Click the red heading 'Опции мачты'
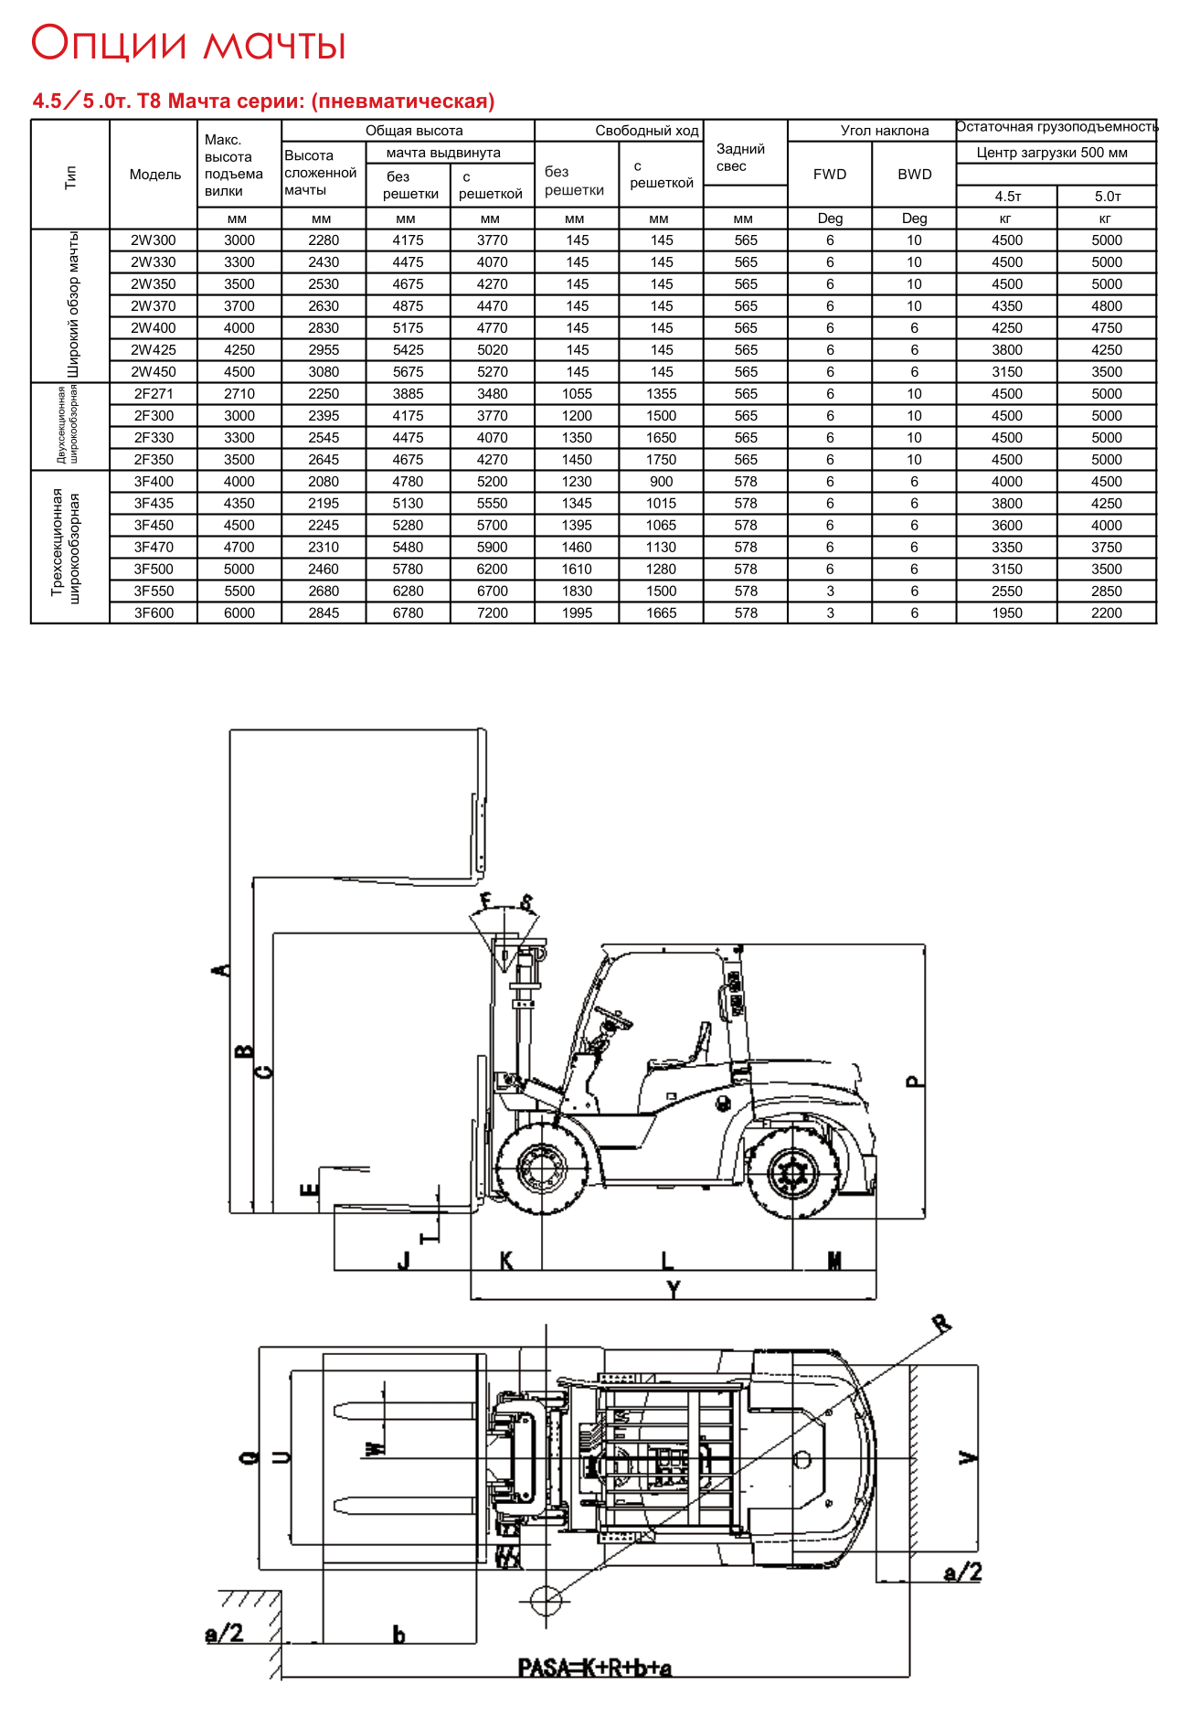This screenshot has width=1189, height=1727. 189,44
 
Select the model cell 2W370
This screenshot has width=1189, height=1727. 154,306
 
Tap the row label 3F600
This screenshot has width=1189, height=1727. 154,613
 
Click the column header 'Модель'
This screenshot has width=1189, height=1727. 155,175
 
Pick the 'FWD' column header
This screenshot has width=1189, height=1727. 830,175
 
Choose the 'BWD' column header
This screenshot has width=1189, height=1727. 914,175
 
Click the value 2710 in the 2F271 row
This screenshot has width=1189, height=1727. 239,394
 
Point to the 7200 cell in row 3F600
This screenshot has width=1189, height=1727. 492,613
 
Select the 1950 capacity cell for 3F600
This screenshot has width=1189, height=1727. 1007,613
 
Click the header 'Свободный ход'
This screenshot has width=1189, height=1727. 646,131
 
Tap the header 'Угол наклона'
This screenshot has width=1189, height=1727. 884,131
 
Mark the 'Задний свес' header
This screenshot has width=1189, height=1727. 740,157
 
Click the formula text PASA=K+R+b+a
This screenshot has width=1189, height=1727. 595,1668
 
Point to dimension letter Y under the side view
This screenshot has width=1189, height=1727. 674,1290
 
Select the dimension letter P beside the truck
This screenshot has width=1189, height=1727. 914,1082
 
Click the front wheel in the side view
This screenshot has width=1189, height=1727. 542,1167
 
